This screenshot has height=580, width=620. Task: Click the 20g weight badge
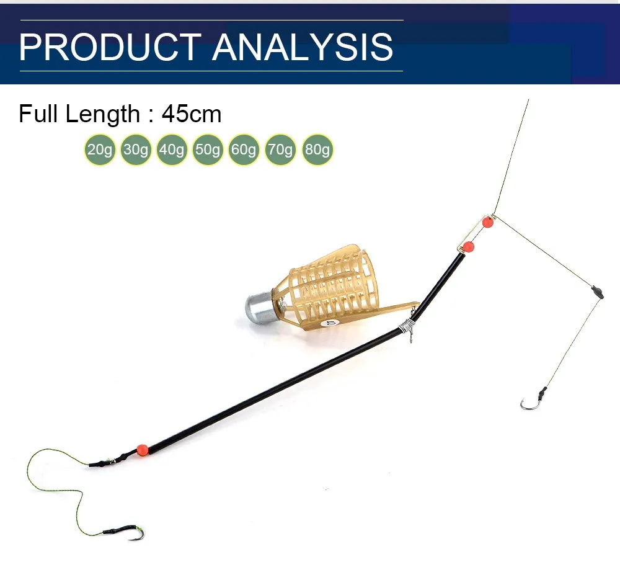click(100, 149)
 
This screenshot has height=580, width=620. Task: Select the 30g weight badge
click(136, 149)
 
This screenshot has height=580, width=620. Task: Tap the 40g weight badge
click(172, 149)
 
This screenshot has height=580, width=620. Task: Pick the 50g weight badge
click(208, 149)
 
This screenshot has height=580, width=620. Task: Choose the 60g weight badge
click(244, 149)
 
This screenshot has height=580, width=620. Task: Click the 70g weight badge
click(280, 149)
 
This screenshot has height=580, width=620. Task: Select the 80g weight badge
click(317, 149)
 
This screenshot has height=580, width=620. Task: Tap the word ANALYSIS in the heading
click(303, 47)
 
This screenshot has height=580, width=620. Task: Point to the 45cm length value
click(192, 114)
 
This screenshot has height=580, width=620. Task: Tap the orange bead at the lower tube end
click(142, 450)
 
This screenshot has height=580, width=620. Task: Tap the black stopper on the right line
click(598, 292)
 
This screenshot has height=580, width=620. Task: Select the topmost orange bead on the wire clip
click(488, 222)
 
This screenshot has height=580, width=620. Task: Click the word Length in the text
click(102, 115)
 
